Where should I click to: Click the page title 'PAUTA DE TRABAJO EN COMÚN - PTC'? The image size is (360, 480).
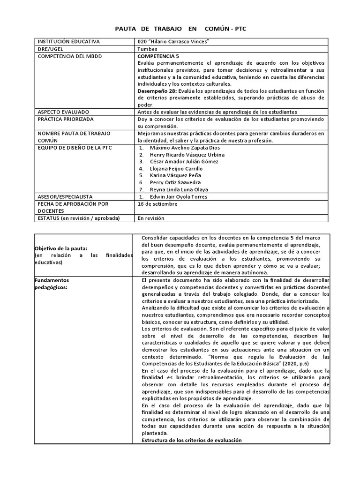click(180, 29)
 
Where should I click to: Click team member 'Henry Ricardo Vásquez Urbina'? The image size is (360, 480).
click(187, 155)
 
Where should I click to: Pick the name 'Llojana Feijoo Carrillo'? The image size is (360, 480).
click(176, 168)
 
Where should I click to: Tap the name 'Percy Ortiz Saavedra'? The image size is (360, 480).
click(175, 182)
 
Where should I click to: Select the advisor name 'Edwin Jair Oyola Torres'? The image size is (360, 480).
click(179, 197)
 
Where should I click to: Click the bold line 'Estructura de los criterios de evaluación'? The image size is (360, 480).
click(191, 440)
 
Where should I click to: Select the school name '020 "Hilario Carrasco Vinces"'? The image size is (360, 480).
click(174, 42)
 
